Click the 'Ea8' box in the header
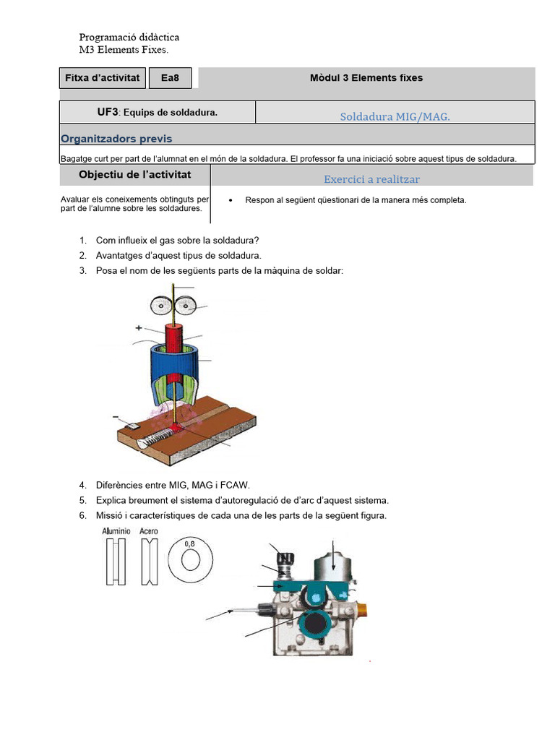click(x=171, y=78)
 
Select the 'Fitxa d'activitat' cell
click(x=102, y=78)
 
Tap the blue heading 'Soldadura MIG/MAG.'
click(x=395, y=116)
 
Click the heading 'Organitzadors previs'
click(x=116, y=139)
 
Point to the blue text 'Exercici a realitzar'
click(x=371, y=179)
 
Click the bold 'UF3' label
click(x=107, y=113)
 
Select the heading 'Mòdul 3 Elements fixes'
click(x=366, y=78)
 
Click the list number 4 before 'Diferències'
click(x=82, y=485)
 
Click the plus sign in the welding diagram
click(x=139, y=328)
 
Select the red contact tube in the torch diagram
click(x=176, y=339)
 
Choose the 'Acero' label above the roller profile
click(x=149, y=532)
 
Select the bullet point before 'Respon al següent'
click(x=230, y=200)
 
